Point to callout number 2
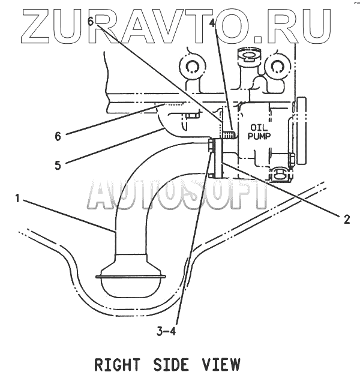pyautogui.click(x=347, y=219)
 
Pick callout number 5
pyautogui.click(x=58, y=164)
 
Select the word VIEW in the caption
pyautogui.click(x=221, y=364)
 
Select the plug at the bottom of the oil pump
pyautogui.click(x=279, y=175)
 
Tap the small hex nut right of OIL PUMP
pyautogui.click(x=291, y=159)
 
